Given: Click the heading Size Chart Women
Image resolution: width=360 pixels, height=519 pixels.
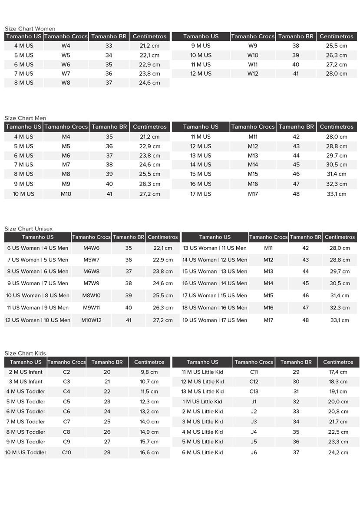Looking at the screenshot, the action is pos(30,29).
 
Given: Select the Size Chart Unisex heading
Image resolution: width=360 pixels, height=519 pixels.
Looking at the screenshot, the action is pos(28,229).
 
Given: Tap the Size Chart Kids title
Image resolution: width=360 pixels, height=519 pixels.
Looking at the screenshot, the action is pos(25,353).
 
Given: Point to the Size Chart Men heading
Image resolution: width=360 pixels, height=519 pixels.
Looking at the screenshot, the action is pos(25,118).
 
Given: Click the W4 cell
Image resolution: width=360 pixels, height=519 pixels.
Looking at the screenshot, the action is pos(66,46).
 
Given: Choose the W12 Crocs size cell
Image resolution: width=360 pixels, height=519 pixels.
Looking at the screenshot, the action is pos(253,73).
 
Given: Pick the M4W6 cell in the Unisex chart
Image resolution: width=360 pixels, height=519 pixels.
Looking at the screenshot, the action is pos(91,248).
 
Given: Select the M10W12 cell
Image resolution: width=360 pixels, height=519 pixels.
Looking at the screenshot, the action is pos(91,320).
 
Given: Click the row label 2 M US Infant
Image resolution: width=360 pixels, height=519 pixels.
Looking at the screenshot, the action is pos(26,372).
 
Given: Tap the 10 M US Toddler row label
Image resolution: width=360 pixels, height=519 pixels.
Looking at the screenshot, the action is pos(26,452).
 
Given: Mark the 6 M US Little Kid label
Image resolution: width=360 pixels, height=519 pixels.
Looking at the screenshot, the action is pos(202,452).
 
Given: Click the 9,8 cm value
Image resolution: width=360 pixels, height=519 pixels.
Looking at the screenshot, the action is pos(149,372).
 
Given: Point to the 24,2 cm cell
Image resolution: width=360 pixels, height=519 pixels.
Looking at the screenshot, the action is pos(338,452).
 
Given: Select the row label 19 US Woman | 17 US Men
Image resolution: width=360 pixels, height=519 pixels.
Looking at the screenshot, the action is pos(215,320).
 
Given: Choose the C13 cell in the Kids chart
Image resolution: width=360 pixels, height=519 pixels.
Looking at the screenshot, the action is pos(254,391).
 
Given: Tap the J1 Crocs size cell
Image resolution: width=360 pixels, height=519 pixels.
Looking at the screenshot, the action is pos(254,402).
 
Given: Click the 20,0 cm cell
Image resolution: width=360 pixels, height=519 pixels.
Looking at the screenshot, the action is pos(338,402).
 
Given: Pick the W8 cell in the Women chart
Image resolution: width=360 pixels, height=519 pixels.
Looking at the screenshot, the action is pos(66,83).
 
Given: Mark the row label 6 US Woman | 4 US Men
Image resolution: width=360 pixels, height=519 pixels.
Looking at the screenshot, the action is pos(38,248).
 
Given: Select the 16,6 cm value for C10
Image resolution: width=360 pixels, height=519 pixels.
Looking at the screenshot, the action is pos(149,452).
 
